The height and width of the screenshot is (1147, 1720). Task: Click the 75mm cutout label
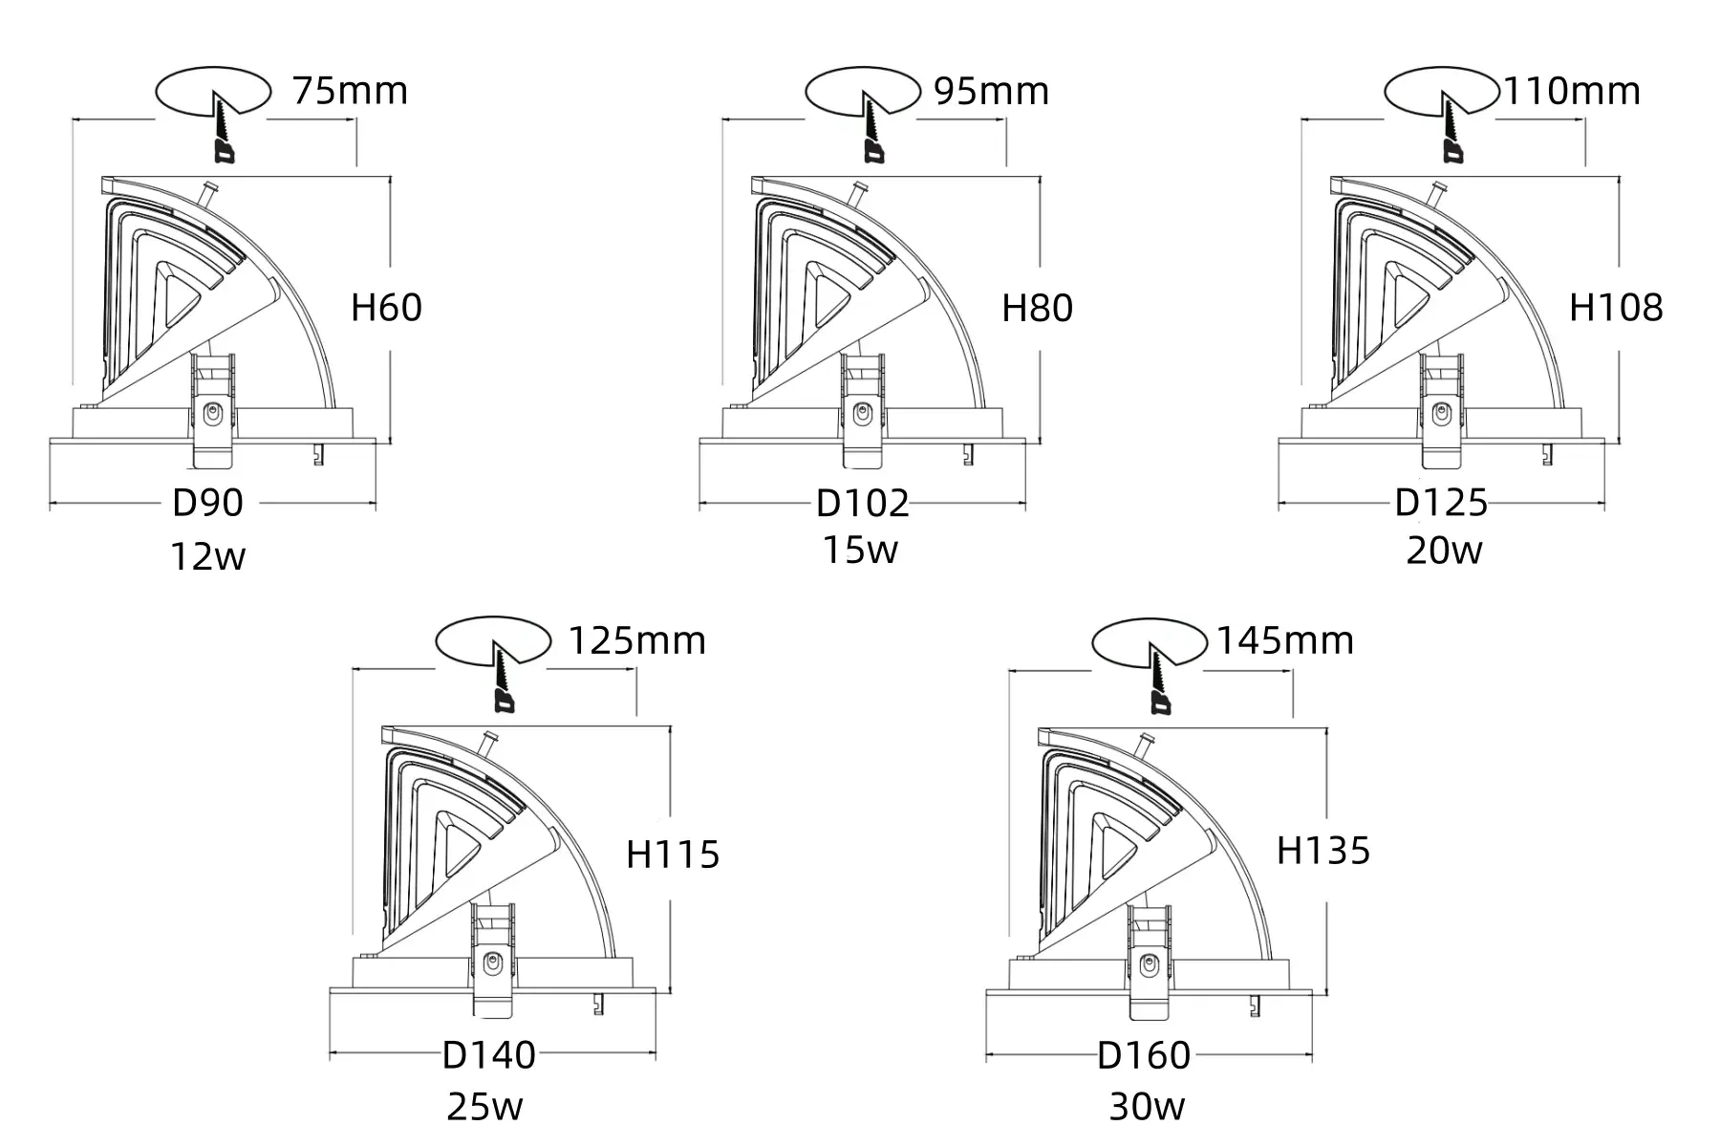(350, 91)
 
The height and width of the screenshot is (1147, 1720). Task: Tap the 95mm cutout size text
(990, 91)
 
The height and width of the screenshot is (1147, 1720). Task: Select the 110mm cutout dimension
(1572, 91)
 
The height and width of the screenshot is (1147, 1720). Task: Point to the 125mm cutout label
(636, 639)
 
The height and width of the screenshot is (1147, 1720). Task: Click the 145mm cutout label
(1284, 639)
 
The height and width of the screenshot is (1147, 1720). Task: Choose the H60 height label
(386, 308)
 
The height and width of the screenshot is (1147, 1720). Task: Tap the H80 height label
(1037, 308)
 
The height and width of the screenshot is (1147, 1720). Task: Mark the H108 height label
(1616, 308)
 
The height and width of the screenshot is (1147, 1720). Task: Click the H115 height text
(673, 855)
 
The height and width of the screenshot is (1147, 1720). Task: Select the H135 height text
(1323, 850)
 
